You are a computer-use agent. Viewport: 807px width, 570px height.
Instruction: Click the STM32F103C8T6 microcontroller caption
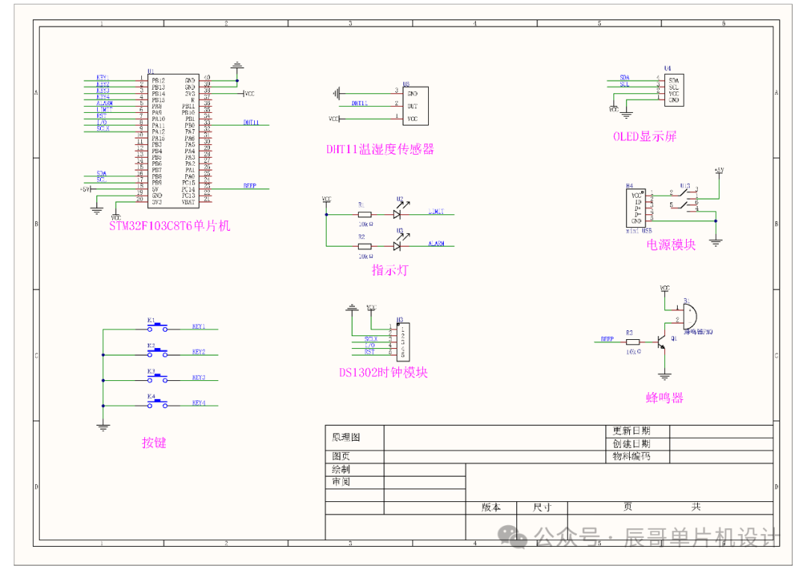click(x=170, y=226)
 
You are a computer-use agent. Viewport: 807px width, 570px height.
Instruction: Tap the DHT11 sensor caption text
click(x=380, y=149)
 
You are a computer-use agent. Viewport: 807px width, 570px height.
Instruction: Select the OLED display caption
click(x=644, y=137)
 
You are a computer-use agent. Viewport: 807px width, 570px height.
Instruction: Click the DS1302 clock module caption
click(x=383, y=372)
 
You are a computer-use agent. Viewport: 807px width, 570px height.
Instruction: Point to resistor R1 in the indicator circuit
click(x=365, y=214)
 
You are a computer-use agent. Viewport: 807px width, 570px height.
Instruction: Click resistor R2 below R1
click(x=365, y=245)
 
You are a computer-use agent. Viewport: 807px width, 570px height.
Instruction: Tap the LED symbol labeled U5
click(x=398, y=245)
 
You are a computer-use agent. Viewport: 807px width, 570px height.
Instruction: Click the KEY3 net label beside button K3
click(x=199, y=377)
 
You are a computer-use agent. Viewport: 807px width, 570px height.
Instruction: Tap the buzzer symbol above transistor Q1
click(x=690, y=313)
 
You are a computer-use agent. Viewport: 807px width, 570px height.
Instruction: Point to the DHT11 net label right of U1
click(x=251, y=123)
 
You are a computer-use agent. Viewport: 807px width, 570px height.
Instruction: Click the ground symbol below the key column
click(x=102, y=427)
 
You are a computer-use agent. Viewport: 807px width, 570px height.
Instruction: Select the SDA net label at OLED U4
click(x=625, y=78)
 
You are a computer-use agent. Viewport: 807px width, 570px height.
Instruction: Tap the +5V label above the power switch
click(x=719, y=170)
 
